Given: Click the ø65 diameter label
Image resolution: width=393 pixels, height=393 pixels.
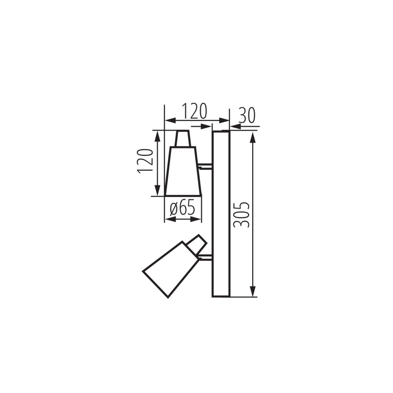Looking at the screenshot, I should click(182, 209).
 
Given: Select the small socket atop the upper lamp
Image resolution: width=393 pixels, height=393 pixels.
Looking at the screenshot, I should click(182, 139).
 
